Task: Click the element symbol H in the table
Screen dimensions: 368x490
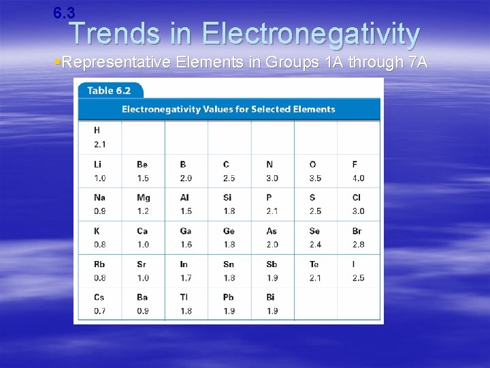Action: coord(97,130)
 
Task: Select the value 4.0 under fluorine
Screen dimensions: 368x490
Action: coord(358,179)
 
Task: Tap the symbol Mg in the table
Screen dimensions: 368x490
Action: coord(143,198)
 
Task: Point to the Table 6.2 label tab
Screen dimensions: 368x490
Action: coord(110,90)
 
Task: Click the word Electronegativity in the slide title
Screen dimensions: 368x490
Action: coord(311,33)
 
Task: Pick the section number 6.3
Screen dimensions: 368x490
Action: coord(64,12)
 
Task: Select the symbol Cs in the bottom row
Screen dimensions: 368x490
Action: coord(99,297)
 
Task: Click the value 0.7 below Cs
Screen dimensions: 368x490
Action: coord(99,311)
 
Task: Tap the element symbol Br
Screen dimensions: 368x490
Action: coord(357,231)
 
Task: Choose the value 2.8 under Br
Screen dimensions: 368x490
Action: coord(358,245)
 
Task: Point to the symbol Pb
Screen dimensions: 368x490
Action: coord(229,297)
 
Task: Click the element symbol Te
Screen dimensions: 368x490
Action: coord(314,264)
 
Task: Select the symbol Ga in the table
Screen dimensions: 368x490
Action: coord(186,231)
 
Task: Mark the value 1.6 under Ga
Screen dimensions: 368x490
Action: coord(186,245)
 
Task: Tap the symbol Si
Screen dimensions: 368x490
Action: coord(227,198)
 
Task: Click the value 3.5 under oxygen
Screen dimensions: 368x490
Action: coord(315,179)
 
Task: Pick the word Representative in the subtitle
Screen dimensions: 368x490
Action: coord(115,63)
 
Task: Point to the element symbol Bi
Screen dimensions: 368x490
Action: coord(271,297)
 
